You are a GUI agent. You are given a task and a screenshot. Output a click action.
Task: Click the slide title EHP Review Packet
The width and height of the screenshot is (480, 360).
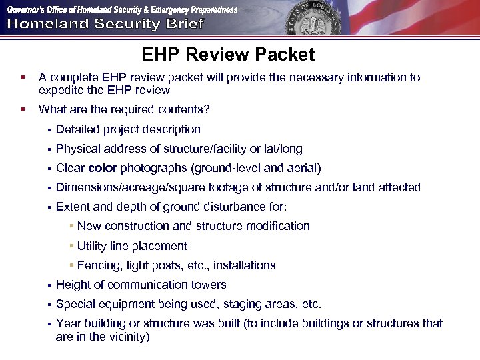point(228,55)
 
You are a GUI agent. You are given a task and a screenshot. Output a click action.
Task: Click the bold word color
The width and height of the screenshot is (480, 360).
point(103,168)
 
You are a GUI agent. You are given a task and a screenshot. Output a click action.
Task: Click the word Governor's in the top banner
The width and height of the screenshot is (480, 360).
point(27,10)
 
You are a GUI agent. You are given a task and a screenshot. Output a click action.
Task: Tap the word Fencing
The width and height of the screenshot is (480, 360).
point(99,265)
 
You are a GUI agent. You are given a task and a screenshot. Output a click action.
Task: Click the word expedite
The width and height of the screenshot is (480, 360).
point(61,90)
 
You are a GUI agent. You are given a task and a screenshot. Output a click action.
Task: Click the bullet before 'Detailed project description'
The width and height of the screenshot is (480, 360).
point(49,130)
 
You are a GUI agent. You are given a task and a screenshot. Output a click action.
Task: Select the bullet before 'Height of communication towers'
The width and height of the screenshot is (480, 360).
point(49,285)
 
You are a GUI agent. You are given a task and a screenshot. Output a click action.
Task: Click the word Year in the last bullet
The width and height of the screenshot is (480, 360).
point(68,323)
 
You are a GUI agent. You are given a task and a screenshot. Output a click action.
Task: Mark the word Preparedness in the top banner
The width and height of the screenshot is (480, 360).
point(207,10)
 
